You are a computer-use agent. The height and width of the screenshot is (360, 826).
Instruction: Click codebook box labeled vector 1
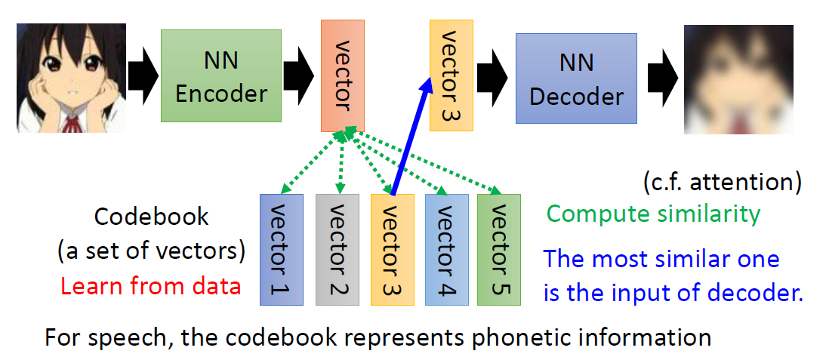coord(281,249)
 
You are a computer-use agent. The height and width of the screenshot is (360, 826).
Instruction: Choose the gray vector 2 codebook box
coord(337,249)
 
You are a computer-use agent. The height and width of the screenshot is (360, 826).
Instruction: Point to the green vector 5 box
coord(499,249)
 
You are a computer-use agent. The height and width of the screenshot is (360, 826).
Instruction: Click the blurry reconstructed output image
coord(738,79)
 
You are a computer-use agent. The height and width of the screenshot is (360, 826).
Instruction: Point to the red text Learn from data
coord(150,287)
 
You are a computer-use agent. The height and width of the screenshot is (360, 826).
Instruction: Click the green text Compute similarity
coord(653,214)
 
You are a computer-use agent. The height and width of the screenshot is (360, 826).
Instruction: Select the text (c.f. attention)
coord(722,182)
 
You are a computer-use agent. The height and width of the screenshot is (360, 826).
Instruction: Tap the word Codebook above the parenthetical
coord(151,217)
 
